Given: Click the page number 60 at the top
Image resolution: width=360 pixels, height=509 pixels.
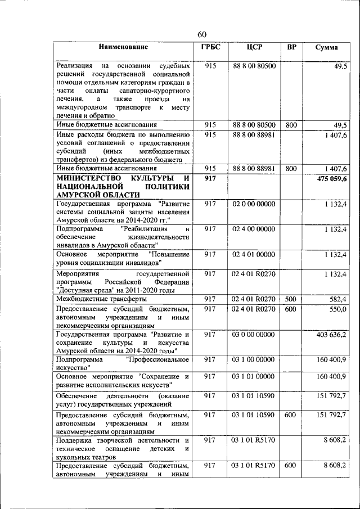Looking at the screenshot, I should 202,35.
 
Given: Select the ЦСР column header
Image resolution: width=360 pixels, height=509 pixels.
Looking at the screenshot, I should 255,47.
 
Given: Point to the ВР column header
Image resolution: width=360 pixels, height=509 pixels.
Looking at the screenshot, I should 291,47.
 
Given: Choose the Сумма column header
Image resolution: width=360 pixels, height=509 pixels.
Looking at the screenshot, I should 326,47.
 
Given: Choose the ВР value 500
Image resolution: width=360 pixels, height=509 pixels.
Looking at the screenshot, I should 291,299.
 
